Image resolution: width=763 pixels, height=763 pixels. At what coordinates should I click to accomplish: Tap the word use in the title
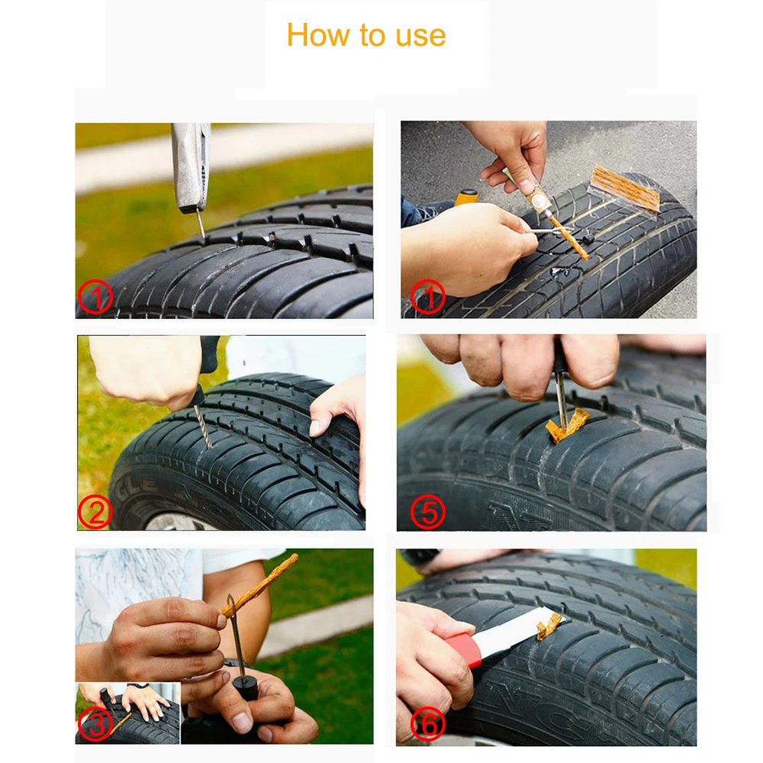[418, 36]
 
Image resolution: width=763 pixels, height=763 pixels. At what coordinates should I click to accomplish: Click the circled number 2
[95, 513]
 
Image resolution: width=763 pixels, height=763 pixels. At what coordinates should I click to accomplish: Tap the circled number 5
[428, 513]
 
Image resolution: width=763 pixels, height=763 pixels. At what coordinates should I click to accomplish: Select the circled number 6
[428, 725]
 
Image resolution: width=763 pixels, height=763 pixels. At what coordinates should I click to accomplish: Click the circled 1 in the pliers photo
[95, 298]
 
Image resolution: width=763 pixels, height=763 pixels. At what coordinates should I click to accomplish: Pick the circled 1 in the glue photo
[428, 298]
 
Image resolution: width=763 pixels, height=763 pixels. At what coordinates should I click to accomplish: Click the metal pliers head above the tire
[191, 164]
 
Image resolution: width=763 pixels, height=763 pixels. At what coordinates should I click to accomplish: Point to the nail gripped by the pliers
[200, 223]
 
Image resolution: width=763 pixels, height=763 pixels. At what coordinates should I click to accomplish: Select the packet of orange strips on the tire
[626, 188]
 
